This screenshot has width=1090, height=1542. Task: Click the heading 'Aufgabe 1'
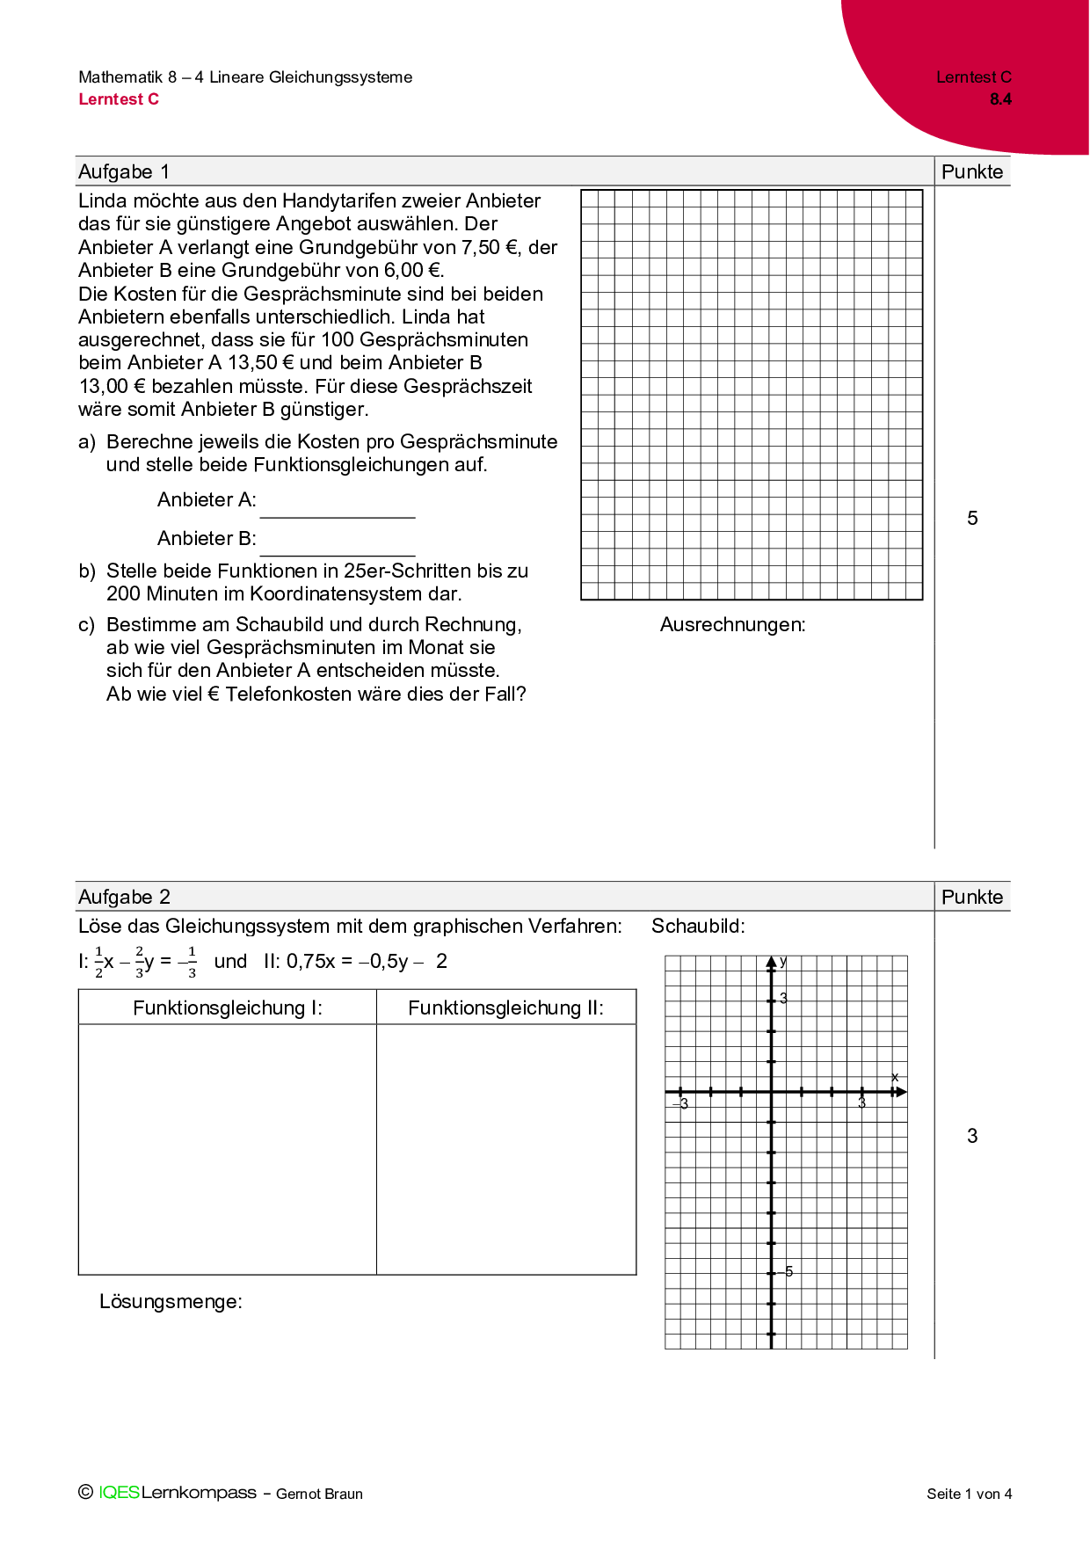124,171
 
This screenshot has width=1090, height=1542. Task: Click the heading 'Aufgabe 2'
124,897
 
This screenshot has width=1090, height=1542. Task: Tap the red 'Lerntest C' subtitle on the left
119,99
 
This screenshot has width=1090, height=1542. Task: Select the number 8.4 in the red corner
1000,99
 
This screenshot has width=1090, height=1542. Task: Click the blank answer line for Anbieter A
338,510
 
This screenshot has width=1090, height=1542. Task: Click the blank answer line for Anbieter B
338,549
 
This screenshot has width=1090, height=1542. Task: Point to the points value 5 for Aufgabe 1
972,519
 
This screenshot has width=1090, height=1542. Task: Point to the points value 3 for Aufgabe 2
972,1136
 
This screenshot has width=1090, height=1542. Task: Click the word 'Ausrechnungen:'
732,625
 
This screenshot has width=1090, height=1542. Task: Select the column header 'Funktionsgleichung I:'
228,1008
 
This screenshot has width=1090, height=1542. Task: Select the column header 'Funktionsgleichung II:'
505,1008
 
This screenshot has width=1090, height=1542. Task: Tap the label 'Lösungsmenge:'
171,1301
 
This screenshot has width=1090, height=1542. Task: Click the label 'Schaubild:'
698,926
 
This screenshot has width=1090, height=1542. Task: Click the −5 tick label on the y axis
787,1271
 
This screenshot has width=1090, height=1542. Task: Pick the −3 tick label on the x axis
681,1104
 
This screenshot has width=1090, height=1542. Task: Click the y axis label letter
783,962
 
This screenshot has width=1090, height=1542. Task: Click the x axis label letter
895,1078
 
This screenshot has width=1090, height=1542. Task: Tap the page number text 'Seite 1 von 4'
969,1494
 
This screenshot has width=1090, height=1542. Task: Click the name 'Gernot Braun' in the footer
319,1494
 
